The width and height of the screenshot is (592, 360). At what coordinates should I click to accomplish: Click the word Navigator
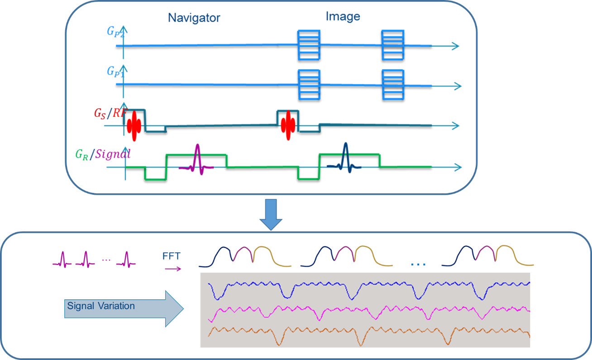[194, 18]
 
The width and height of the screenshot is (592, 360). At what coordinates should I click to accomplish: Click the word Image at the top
[343, 16]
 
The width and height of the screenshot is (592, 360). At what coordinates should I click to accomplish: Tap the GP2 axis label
[115, 32]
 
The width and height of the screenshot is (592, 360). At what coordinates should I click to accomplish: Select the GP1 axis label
[115, 72]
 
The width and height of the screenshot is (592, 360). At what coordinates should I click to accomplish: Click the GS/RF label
[110, 114]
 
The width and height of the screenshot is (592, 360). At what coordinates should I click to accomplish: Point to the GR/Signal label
[103, 154]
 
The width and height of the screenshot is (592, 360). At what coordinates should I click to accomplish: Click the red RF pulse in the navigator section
[134, 125]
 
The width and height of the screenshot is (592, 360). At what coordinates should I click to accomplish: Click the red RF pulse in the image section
[288, 125]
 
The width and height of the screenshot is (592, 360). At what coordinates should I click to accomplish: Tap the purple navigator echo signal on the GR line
[196, 159]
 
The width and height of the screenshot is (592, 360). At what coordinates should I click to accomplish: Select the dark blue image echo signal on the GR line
[344, 158]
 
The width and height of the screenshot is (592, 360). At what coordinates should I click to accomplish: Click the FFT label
[171, 256]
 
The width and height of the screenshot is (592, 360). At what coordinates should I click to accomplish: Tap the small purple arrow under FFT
[173, 269]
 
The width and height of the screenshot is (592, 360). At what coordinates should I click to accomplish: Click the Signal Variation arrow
[124, 309]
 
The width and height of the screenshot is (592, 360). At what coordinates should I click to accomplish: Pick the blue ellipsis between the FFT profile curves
[418, 264]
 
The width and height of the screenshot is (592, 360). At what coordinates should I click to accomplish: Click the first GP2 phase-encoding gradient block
[309, 45]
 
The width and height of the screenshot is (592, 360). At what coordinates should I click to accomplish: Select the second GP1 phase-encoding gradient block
[393, 85]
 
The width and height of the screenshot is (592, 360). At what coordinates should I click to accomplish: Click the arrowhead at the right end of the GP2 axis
[455, 46]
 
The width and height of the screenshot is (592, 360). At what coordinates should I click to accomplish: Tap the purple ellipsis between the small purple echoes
[106, 260]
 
